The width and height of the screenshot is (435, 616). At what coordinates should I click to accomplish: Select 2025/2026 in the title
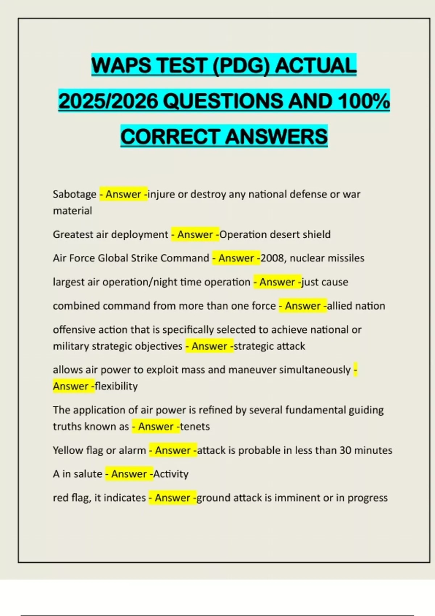coord(108,101)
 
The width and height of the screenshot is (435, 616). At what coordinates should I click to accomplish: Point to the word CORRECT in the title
coord(170,137)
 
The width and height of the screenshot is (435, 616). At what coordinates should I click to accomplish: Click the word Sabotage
coord(75,194)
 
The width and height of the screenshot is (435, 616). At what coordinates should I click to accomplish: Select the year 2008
coord(272,258)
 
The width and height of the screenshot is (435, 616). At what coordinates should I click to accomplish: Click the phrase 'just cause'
coord(325,282)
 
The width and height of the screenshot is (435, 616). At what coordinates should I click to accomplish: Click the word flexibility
coord(116,386)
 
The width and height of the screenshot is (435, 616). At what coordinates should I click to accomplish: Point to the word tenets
coord(195,426)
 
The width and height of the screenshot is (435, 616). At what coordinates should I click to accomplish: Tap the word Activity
coord(171,474)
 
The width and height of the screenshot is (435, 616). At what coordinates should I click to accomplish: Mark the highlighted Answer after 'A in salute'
coord(129,474)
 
